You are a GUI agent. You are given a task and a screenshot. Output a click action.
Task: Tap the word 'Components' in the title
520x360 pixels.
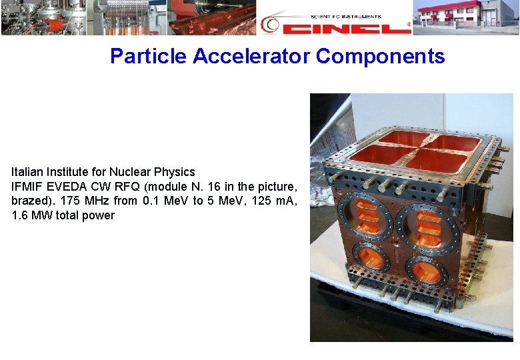pos(380,56)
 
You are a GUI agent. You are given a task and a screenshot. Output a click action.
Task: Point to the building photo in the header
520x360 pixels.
pos(466,17)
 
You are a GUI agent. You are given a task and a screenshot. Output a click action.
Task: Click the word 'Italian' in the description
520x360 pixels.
pos(28,172)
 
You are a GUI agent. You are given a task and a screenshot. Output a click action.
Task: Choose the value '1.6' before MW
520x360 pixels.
pos(21,215)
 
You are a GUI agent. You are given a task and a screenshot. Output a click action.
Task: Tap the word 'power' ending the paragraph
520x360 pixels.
pos(99,215)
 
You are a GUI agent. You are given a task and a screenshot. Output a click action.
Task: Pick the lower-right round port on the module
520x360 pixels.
pos(426,272)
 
